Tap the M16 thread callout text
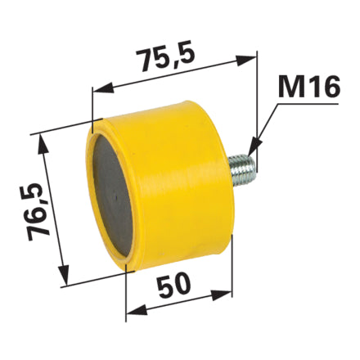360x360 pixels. [x=309, y=87]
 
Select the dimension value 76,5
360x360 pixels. [x=39, y=212]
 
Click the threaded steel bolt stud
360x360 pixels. [x=242, y=170]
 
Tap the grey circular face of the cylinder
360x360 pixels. [x=112, y=196]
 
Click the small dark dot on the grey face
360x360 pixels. [x=115, y=196]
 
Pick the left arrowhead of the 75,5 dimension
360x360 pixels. [x=103, y=88]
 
